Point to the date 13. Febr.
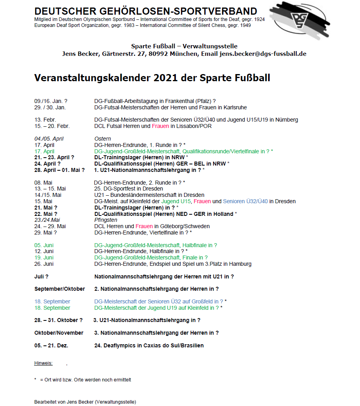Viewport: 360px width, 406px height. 45,120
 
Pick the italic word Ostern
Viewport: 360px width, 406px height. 103,139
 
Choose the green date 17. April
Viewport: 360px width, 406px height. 44,151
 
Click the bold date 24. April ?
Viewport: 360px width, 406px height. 48,164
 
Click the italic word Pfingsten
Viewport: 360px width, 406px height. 106,220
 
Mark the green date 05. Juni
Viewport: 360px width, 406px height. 44,245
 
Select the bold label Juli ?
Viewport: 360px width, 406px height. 42,276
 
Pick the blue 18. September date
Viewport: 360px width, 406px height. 52,301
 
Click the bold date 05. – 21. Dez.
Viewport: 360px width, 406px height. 51,345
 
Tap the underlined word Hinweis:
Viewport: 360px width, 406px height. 44,363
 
